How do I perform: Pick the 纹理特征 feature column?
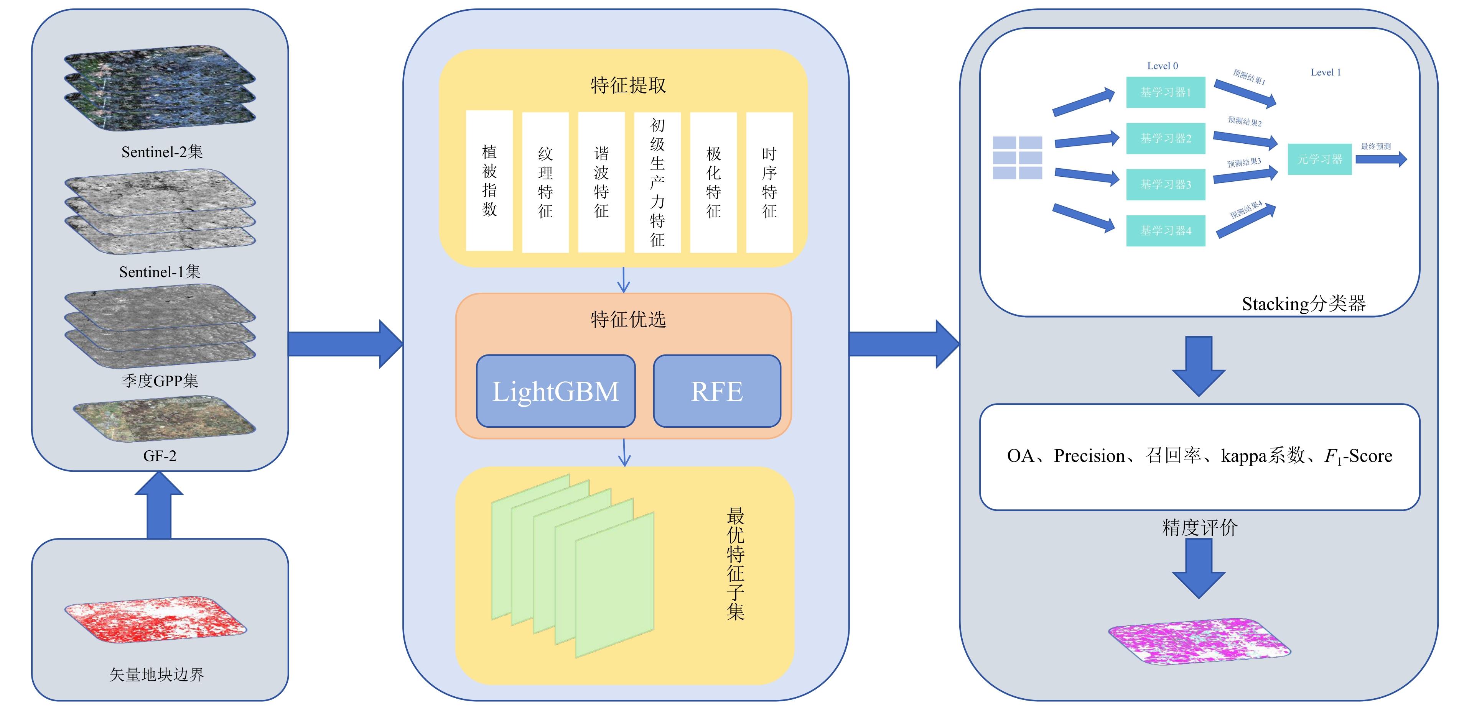pyautogui.click(x=545, y=182)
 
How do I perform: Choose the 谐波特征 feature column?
pyautogui.click(x=601, y=182)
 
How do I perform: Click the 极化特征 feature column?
pyautogui.click(x=713, y=182)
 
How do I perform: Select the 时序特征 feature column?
pyautogui.click(x=769, y=182)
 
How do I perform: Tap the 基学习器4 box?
pyautogui.click(x=1165, y=231)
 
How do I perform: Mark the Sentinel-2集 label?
pyautogui.click(x=161, y=152)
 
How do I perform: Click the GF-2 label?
pyautogui.click(x=160, y=456)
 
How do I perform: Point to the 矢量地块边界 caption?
pyautogui.click(x=157, y=675)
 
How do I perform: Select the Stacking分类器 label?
pyautogui.click(x=1303, y=304)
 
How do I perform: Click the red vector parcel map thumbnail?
pyautogui.click(x=156, y=620)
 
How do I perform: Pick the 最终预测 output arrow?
pyautogui.click(x=1381, y=159)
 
